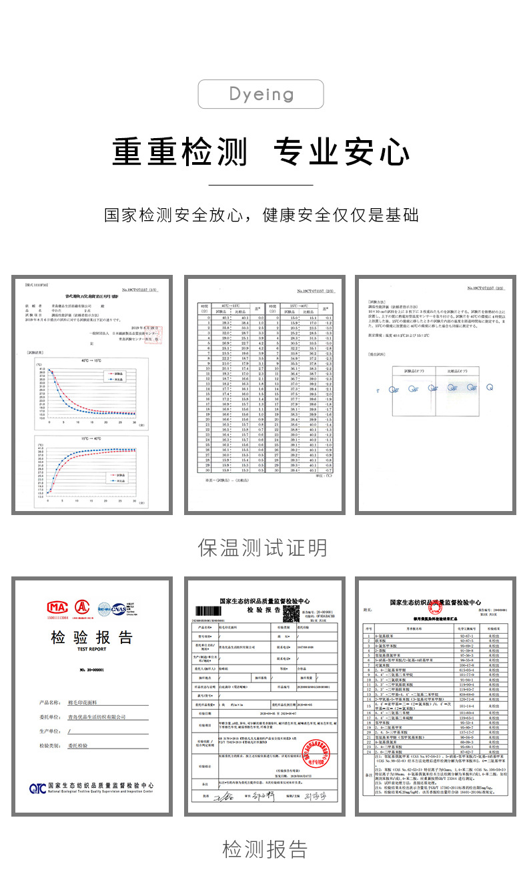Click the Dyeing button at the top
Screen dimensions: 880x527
point(261,94)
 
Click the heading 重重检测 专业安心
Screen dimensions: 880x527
point(261,151)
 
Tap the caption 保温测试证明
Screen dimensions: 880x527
point(263,548)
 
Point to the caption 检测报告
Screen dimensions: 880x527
point(265,849)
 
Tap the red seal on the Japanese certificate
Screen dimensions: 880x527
point(157,339)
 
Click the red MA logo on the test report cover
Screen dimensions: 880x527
point(57,608)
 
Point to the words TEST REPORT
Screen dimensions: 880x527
point(92,649)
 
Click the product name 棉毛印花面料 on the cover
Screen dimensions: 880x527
point(87,703)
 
